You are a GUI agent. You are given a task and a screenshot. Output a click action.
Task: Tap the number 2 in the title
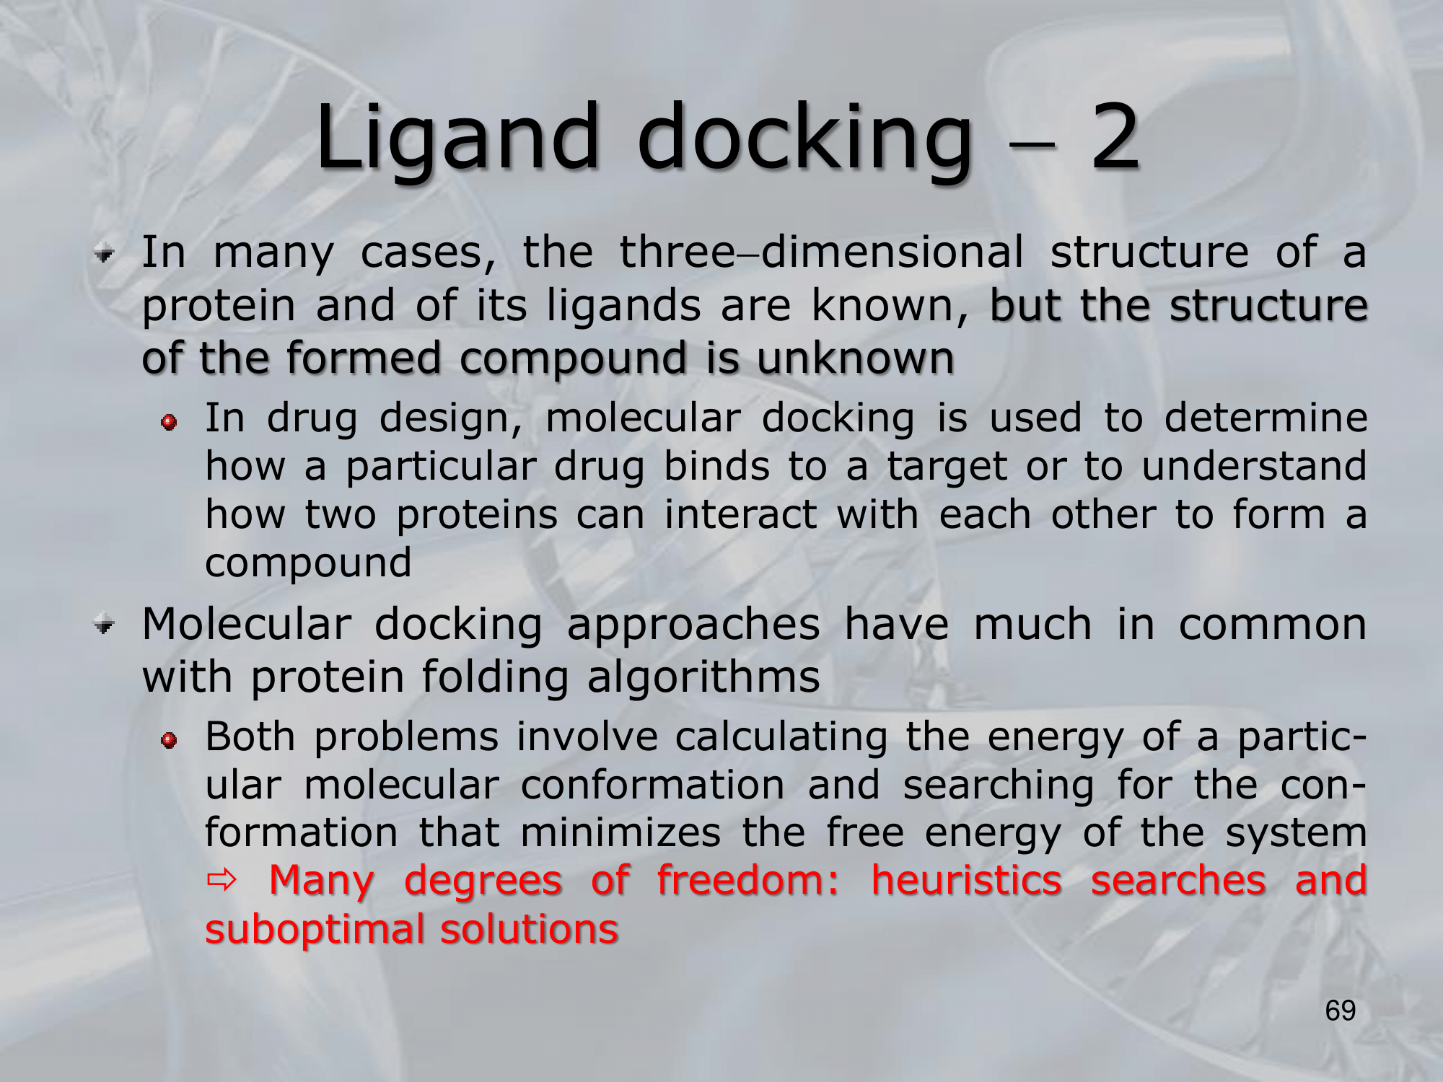tap(1115, 137)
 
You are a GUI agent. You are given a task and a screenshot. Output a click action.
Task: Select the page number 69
tap(1341, 1011)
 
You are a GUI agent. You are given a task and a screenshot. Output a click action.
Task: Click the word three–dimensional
tap(821, 252)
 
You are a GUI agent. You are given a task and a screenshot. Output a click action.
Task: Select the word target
tap(947, 467)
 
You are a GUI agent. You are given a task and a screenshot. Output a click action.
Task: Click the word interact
tap(740, 514)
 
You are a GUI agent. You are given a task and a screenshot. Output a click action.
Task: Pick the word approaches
tap(693, 625)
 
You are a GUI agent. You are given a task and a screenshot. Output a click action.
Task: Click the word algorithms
tap(703, 677)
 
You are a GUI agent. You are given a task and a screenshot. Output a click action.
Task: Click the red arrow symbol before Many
tap(221, 881)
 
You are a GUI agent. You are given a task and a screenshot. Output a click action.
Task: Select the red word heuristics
tap(966, 880)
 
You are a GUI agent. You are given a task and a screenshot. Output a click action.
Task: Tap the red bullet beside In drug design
tap(170, 422)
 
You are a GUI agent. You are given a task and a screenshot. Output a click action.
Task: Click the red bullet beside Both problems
tap(170, 741)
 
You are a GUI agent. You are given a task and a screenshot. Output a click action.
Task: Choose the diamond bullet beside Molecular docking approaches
tap(105, 625)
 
